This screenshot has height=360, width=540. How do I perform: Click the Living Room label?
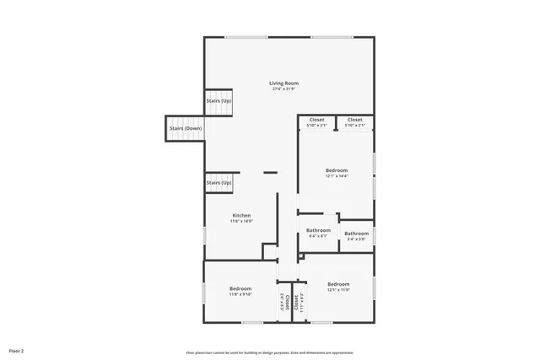pyautogui.click(x=283, y=83)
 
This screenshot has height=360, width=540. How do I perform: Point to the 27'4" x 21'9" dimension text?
pyautogui.click(x=283, y=89)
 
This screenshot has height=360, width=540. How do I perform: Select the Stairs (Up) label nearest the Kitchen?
pyautogui.click(x=219, y=182)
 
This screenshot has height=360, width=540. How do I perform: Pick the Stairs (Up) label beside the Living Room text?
pyautogui.click(x=219, y=100)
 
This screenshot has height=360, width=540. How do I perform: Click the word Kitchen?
pyautogui.click(x=241, y=215)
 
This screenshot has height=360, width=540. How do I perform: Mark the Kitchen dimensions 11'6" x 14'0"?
pyautogui.click(x=241, y=221)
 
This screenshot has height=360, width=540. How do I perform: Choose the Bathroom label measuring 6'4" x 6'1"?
pyautogui.click(x=318, y=230)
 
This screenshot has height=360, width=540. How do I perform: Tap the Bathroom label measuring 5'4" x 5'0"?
pyautogui.click(x=356, y=234)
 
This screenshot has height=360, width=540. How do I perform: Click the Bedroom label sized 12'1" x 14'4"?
pyautogui.click(x=337, y=170)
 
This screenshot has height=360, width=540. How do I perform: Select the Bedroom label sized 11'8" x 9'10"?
pyautogui.click(x=240, y=288)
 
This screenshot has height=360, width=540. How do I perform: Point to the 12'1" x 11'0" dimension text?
pyautogui.click(x=338, y=289)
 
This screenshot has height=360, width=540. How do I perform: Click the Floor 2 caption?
pyautogui.click(x=17, y=350)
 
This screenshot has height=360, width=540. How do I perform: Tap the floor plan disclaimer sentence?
pyautogui.click(x=269, y=352)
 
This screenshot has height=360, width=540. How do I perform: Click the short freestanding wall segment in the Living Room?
pyautogui.click(x=270, y=173)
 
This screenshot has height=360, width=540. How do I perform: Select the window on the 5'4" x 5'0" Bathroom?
pyautogui.click(x=374, y=234)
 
